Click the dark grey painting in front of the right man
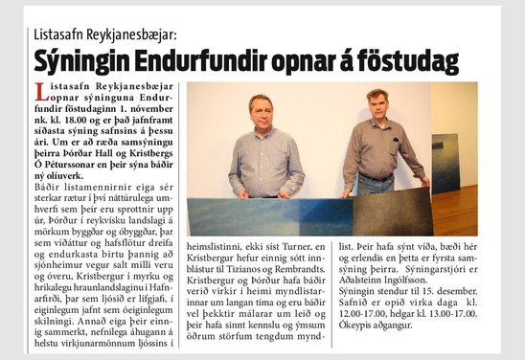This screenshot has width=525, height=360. (x=392, y=212)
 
